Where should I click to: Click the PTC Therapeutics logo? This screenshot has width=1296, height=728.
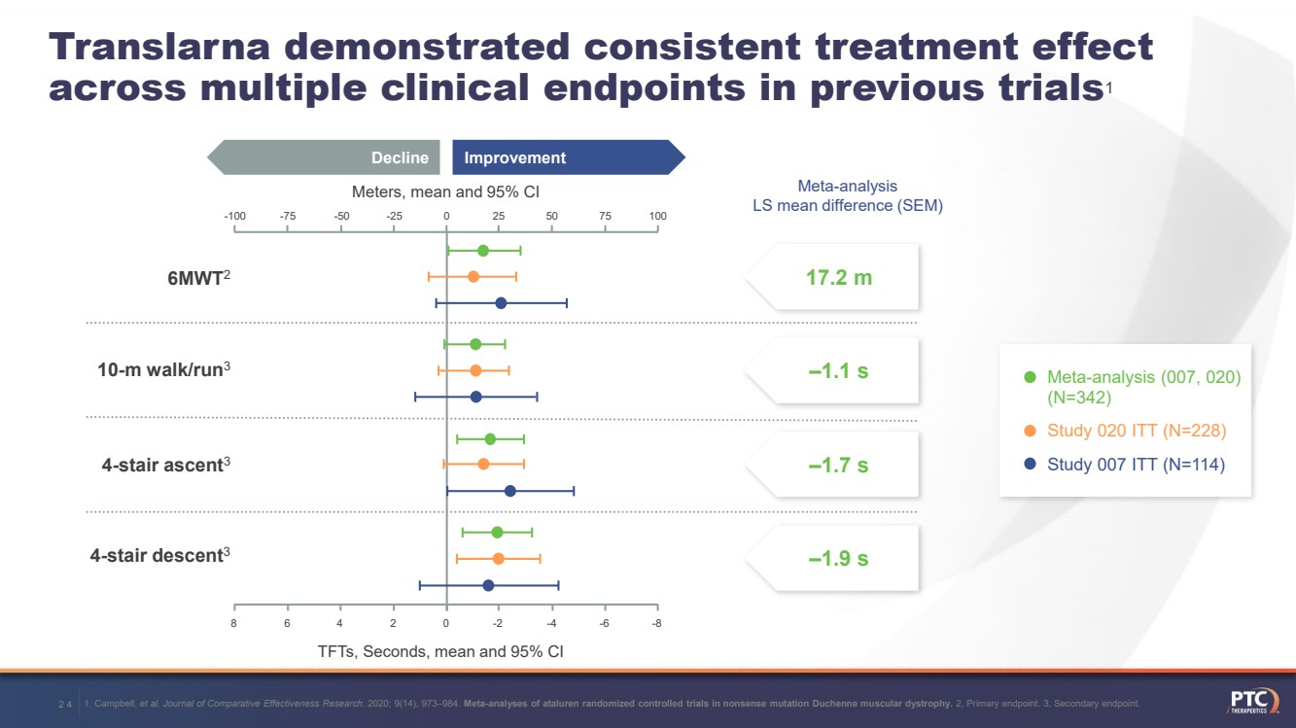click(x=1252, y=703)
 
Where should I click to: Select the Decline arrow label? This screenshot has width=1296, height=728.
click(x=400, y=157)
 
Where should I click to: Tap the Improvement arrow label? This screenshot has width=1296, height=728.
click(x=515, y=157)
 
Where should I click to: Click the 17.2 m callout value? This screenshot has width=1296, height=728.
click(x=839, y=278)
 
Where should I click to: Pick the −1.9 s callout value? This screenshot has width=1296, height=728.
click(x=838, y=558)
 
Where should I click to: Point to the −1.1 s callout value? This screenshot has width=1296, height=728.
click(x=838, y=371)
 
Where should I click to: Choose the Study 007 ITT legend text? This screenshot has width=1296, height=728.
click(x=1136, y=465)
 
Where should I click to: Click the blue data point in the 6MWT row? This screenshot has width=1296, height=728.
click(x=501, y=303)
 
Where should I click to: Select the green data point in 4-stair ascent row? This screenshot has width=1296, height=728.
click(x=490, y=439)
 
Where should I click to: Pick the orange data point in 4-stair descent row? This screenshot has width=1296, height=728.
click(x=499, y=559)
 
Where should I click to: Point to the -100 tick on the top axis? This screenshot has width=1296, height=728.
click(x=234, y=216)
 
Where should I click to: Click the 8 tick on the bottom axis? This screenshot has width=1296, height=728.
click(x=234, y=624)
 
